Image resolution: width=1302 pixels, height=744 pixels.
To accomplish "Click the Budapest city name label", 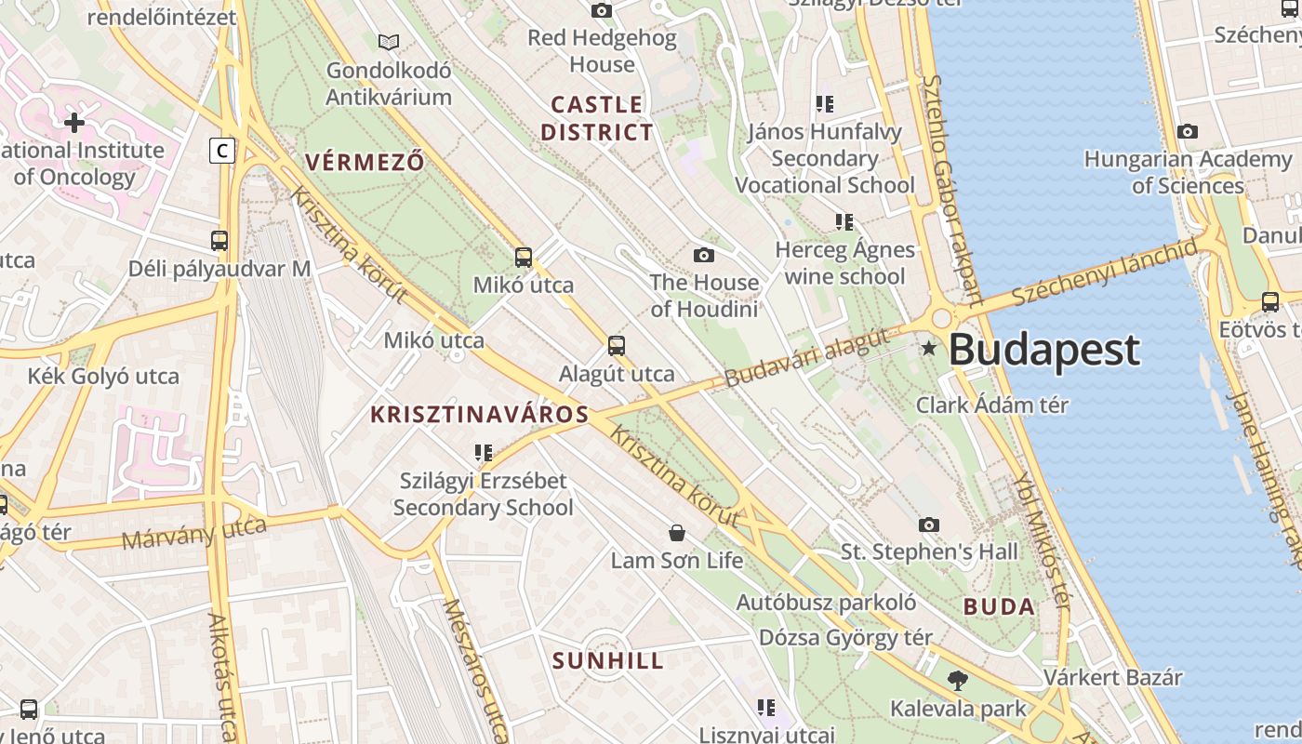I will click(1043, 350).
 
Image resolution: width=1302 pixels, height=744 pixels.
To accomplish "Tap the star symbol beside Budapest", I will click(928, 349).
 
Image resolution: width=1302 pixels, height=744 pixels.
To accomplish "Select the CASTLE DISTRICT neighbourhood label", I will click(597, 118).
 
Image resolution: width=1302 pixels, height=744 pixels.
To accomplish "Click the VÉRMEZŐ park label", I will click(365, 162).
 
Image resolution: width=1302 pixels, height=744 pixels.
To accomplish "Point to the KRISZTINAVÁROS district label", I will click(480, 415).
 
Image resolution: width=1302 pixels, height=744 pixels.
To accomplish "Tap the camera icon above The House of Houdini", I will click(704, 255).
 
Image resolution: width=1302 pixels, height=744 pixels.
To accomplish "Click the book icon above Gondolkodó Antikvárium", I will click(389, 42).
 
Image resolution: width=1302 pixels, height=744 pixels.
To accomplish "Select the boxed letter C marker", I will click(222, 150).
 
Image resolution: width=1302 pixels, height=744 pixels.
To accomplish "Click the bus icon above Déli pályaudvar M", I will click(219, 241).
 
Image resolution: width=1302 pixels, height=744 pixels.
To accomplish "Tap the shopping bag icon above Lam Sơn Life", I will click(677, 533).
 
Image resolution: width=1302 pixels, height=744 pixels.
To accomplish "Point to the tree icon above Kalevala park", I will click(957, 681).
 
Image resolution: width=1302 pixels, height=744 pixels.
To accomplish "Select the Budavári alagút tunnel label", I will click(807, 361).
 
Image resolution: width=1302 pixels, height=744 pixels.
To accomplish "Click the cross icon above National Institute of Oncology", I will click(74, 122).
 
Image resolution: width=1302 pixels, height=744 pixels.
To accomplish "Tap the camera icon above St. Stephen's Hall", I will click(929, 525).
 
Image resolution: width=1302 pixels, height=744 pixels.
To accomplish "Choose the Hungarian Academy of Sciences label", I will click(1188, 172).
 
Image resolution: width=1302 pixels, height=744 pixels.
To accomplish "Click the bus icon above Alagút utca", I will click(617, 346).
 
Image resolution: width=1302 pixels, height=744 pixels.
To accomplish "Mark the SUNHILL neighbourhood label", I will click(608, 661).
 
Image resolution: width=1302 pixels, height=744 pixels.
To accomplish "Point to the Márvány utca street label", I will click(193, 534).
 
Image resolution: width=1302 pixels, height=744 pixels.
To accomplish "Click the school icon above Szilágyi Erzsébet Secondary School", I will click(483, 453).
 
